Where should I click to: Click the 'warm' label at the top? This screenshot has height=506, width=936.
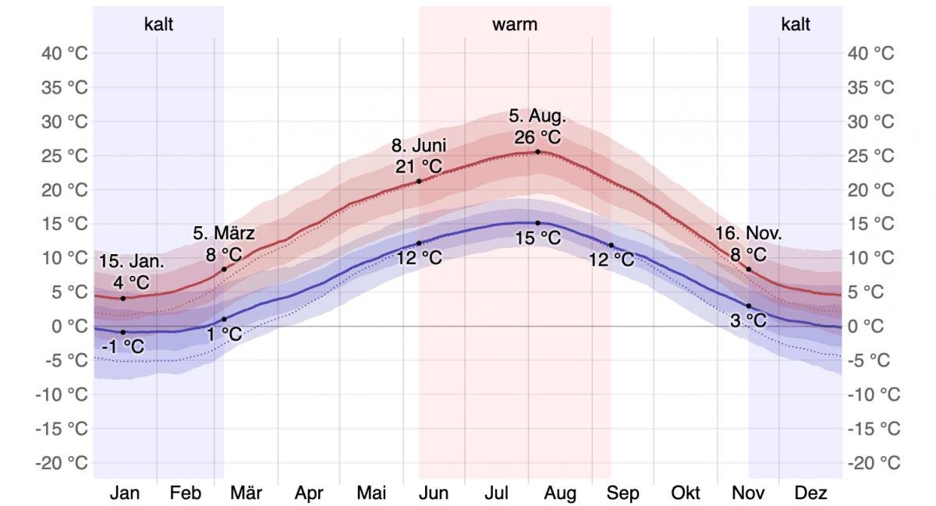(x=515, y=24)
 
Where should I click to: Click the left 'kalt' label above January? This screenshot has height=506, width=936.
(x=158, y=24)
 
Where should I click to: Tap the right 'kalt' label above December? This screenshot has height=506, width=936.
(x=796, y=24)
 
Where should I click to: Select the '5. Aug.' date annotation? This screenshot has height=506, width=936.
(x=537, y=117)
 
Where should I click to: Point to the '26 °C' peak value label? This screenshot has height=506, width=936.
(x=537, y=137)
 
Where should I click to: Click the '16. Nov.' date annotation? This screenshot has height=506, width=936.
(x=749, y=233)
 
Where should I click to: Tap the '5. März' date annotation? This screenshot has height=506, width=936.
(x=225, y=233)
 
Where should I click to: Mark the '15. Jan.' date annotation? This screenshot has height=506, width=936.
(x=132, y=261)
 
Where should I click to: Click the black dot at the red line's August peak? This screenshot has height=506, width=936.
(x=537, y=152)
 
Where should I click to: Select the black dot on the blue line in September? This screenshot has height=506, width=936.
(x=612, y=245)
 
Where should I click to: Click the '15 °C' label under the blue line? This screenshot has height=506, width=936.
(x=537, y=239)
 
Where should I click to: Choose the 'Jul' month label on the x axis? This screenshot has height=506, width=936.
(x=497, y=493)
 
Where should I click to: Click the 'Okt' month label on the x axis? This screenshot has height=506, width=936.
(x=686, y=493)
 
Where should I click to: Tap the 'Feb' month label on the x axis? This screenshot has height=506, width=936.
(x=186, y=493)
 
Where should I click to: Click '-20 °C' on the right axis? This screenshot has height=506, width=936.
(x=874, y=462)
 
